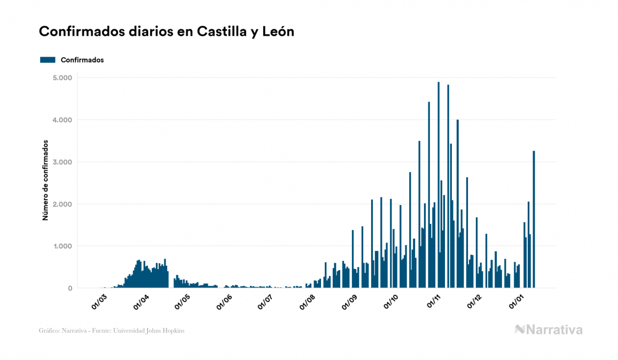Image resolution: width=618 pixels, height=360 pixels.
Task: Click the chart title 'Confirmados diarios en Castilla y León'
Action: tap(167, 32)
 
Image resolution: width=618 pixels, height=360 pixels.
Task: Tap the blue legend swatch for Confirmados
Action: tap(48, 60)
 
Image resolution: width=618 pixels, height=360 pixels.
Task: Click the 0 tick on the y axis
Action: tap(70, 288)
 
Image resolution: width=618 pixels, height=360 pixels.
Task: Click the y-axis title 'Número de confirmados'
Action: tap(46, 181)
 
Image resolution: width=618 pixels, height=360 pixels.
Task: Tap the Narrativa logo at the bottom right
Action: tap(549, 330)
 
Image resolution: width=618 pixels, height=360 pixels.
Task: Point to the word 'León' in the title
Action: tap(278, 32)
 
